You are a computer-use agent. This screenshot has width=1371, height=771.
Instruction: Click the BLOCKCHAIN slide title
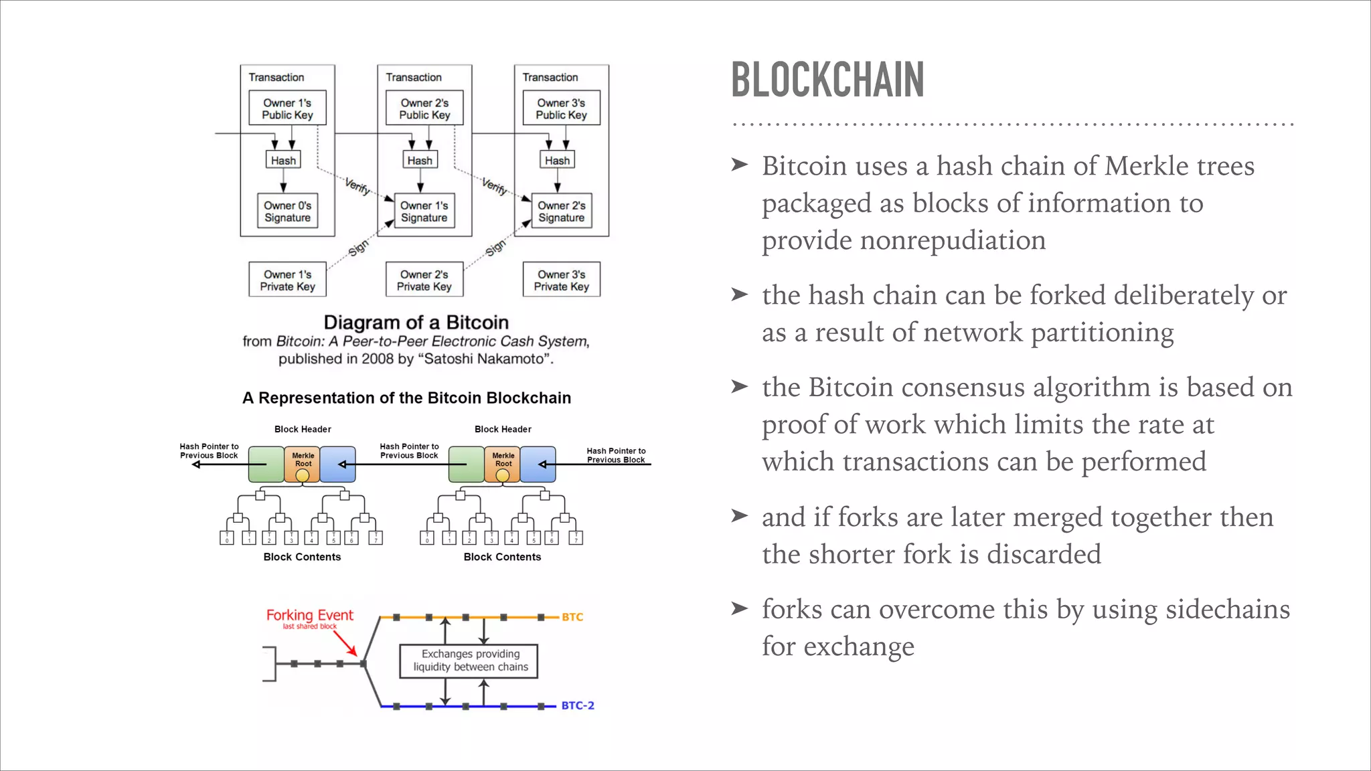(x=827, y=80)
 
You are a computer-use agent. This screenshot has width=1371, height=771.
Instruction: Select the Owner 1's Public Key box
(x=287, y=108)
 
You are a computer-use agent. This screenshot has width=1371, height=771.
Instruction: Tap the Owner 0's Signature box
(x=287, y=211)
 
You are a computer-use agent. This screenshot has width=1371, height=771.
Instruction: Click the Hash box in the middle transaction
(x=420, y=161)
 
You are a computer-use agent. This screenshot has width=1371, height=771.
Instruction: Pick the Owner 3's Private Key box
(x=561, y=280)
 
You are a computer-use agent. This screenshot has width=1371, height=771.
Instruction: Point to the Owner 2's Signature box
(x=561, y=211)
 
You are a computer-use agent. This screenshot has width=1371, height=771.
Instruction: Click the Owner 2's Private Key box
(x=424, y=280)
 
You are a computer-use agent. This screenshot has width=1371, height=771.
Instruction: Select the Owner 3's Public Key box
(x=561, y=108)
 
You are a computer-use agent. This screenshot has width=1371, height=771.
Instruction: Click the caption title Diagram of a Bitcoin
(x=416, y=323)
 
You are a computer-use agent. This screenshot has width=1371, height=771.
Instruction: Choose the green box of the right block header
(x=466, y=464)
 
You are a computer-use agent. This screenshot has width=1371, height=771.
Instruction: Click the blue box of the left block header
(x=338, y=464)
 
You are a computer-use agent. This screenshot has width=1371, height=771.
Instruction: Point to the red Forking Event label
(x=309, y=615)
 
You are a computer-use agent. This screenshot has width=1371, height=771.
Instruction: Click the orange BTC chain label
(x=572, y=617)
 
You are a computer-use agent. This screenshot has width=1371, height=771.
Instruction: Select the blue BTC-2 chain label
(x=578, y=705)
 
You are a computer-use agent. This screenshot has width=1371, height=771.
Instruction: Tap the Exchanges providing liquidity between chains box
(x=469, y=661)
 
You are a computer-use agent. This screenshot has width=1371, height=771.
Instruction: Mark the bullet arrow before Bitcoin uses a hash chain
(x=739, y=165)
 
